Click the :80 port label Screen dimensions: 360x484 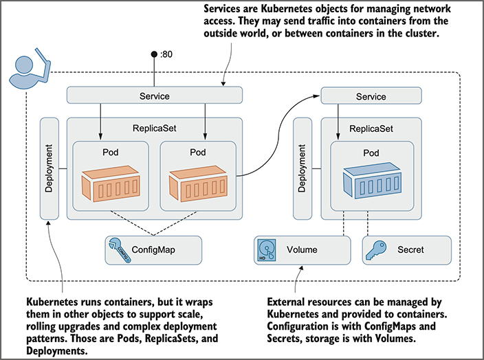point(165,54)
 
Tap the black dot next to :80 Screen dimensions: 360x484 point(154,54)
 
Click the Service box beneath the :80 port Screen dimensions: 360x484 point(154,96)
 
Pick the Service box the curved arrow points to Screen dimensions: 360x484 point(371,97)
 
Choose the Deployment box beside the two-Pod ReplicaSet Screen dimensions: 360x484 point(49,168)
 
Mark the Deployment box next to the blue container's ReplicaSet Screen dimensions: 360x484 point(303,168)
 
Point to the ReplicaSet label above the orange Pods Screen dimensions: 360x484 point(154,128)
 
